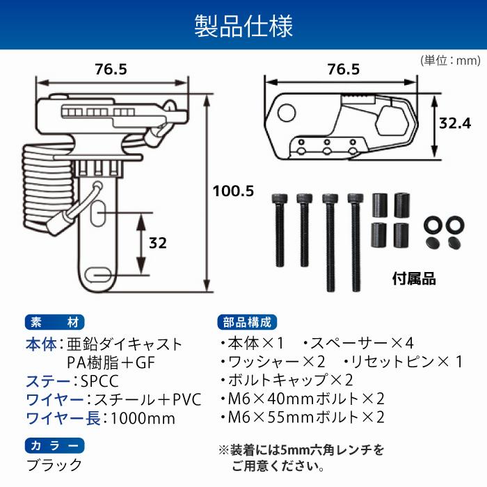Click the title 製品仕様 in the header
coord(243,25)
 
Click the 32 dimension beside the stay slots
coord(158,243)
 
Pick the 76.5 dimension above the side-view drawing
coord(111,70)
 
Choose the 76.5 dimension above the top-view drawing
coord(343,70)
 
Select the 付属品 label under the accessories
coord(413,279)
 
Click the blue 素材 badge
coord(54,322)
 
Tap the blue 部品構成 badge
coord(248,322)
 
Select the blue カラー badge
coord(54,446)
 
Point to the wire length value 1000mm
coord(143,418)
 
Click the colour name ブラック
coord(54,465)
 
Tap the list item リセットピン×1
coord(404,362)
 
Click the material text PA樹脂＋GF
coord(111,362)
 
